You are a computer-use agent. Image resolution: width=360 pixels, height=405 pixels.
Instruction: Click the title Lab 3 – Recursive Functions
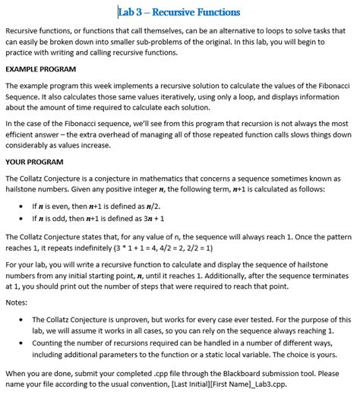[x=179, y=12]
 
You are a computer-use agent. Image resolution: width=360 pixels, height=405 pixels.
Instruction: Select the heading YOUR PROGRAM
[x=34, y=162]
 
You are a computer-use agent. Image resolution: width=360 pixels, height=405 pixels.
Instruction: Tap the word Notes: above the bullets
[x=16, y=302]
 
